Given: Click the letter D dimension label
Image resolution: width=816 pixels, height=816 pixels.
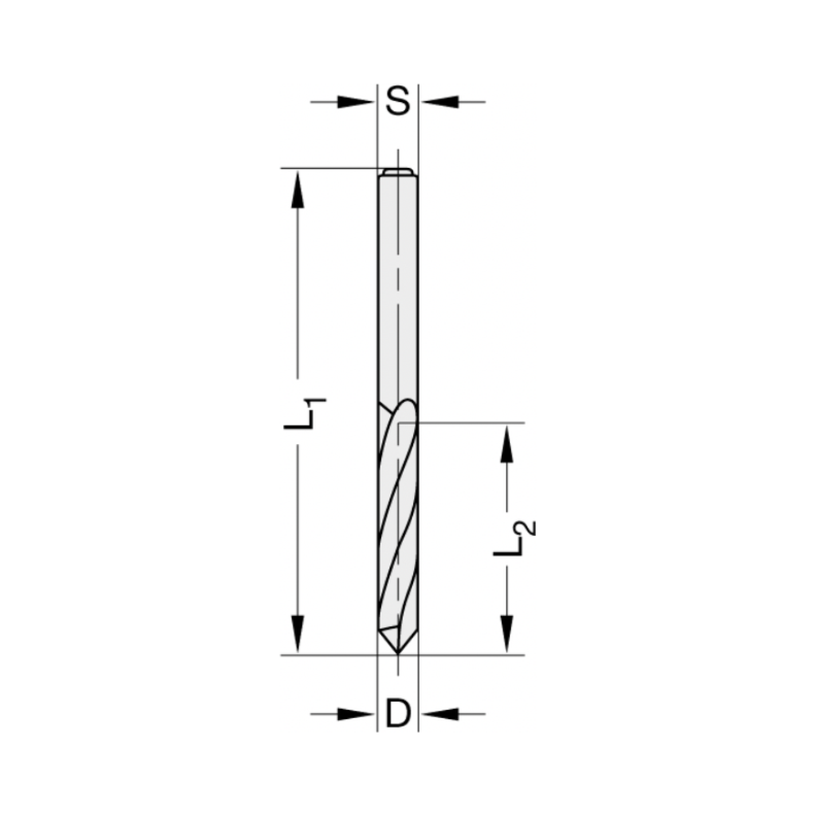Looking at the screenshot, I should [x=397, y=714].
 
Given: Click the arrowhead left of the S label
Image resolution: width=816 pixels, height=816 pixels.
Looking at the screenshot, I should [x=357, y=102].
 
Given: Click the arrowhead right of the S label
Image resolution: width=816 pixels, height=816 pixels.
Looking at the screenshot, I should [x=439, y=102].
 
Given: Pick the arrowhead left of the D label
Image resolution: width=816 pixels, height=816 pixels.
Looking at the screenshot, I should [x=357, y=714].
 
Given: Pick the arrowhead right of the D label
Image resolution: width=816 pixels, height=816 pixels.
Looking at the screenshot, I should [x=439, y=714].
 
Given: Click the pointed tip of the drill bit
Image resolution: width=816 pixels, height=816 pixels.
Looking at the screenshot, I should [x=397, y=650].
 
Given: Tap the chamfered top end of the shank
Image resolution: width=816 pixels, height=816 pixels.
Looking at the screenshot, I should [x=397, y=172].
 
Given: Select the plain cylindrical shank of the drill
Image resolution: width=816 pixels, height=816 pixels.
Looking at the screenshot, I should [x=397, y=286].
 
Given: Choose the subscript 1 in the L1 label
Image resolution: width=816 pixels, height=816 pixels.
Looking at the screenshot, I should [x=317, y=403].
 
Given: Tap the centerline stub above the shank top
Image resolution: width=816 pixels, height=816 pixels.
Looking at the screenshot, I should [x=397, y=157].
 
